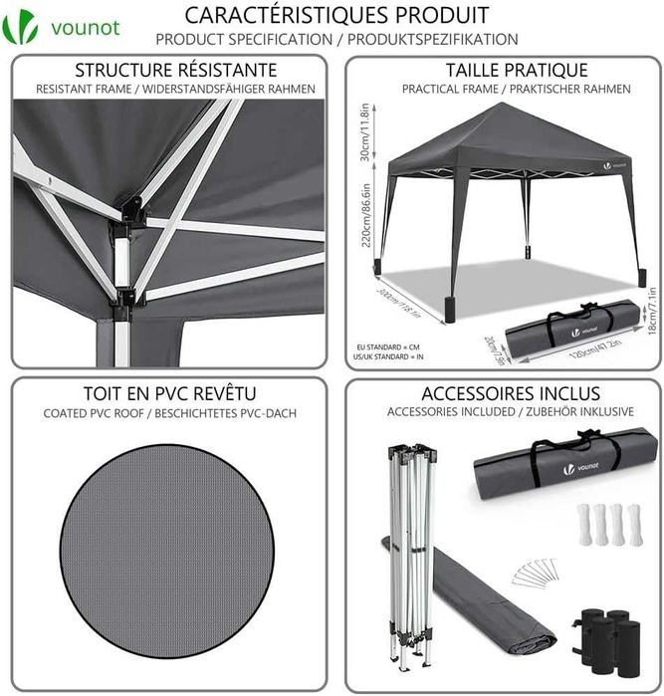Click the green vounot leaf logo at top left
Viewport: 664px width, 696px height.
point(21,27)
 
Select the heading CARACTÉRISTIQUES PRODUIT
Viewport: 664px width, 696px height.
point(336,15)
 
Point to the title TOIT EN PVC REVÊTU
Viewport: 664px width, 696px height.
point(169,392)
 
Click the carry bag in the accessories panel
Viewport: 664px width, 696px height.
point(564,461)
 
